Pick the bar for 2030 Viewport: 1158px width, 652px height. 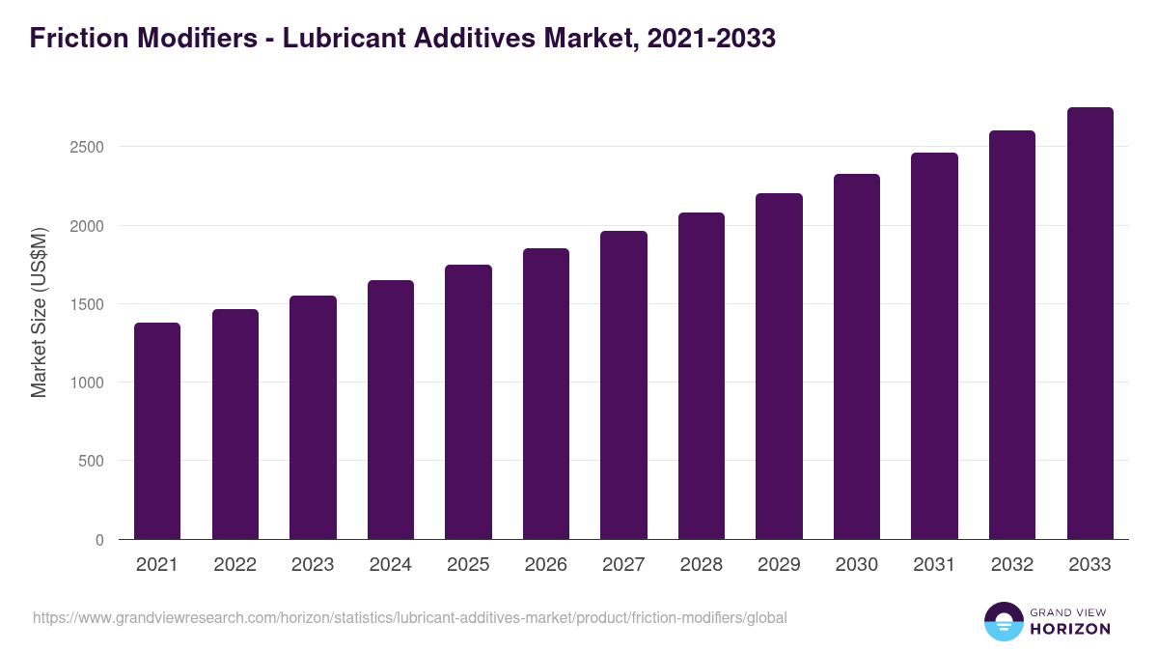coord(857,356)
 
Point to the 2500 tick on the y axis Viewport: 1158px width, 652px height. coord(87,148)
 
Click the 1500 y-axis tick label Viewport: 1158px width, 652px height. coord(87,304)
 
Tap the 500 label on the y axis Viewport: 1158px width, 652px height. coord(93,461)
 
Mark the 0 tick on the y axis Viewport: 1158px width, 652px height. coord(99,540)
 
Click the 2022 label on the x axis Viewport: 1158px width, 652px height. coord(234,565)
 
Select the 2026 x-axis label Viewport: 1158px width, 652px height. coord(546,565)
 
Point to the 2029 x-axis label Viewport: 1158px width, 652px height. coord(779,565)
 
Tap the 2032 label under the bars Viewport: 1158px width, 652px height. coord(1012,565)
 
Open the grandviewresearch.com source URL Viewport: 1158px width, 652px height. coord(410,617)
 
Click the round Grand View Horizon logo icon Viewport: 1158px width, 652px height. coord(1003,621)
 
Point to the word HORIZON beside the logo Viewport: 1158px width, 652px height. coord(1069,629)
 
